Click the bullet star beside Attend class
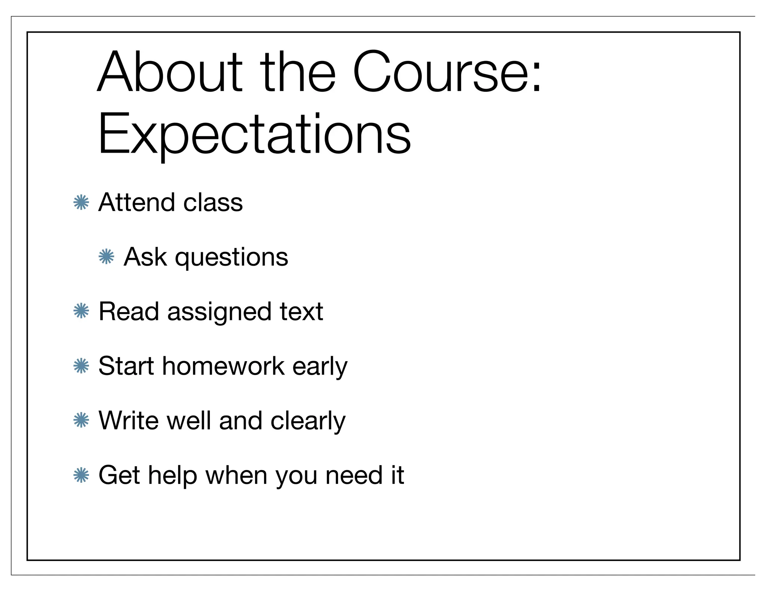pyautogui.click(x=81, y=202)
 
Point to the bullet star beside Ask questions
pyautogui.click(x=106, y=257)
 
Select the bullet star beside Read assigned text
pyautogui.click(x=81, y=311)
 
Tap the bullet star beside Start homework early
pyautogui.click(x=81, y=366)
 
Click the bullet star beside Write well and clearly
pyautogui.click(x=81, y=420)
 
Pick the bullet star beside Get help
pyautogui.click(x=81, y=475)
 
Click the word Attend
pyautogui.click(x=137, y=202)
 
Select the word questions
pyautogui.click(x=232, y=258)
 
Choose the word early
pyautogui.click(x=320, y=367)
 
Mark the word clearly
pyautogui.click(x=308, y=422)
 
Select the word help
pyautogui.click(x=172, y=476)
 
